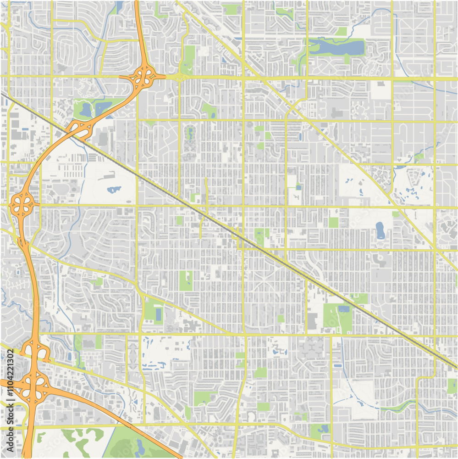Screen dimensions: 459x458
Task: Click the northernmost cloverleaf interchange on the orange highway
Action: [x=144, y=76]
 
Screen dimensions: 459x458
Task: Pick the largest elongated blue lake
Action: [x=337, y=46]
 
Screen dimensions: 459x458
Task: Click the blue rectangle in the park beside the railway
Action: [x=343, y=309]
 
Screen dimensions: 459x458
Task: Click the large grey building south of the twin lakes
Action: [x=102, y=138]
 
